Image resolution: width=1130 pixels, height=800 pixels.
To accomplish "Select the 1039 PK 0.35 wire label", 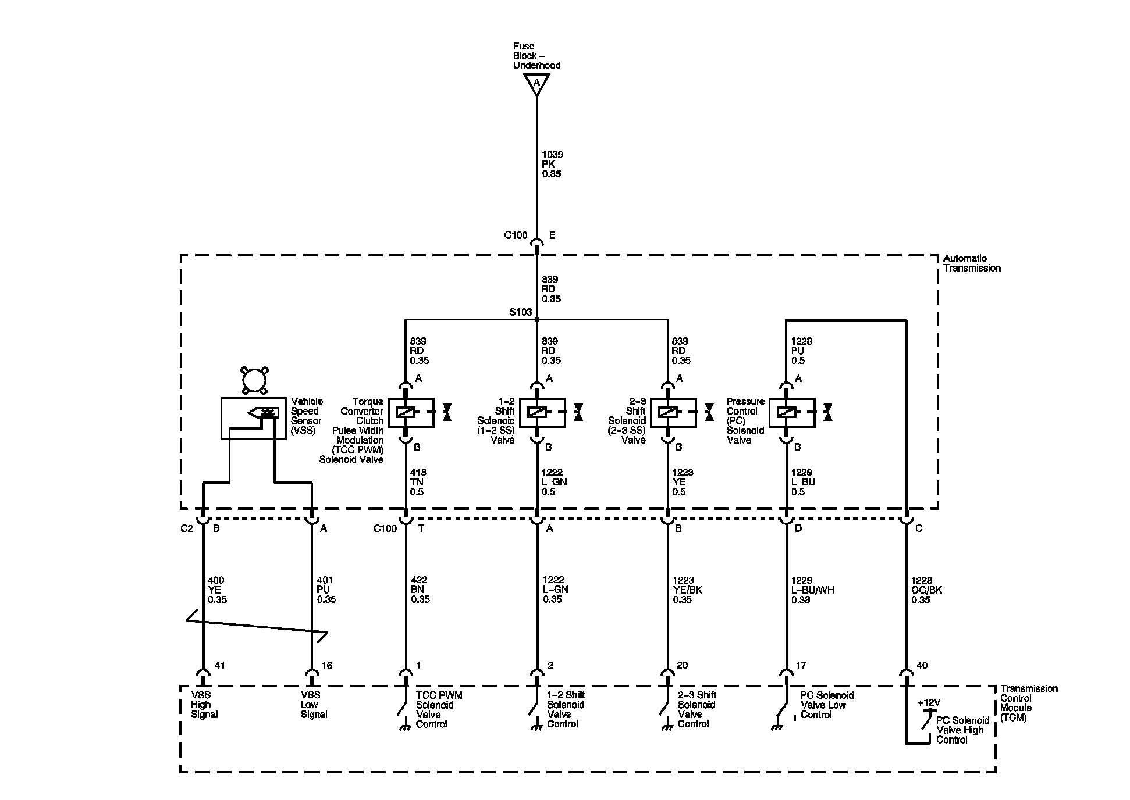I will tap(552, 164).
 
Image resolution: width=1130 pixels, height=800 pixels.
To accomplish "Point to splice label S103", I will tap(520, 312).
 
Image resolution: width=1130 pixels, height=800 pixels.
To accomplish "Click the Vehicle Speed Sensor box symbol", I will tap(253, 418).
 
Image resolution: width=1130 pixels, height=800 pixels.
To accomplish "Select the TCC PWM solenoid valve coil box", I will tap(410, 412).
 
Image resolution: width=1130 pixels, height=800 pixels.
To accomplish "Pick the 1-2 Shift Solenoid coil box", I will tap(542, 412).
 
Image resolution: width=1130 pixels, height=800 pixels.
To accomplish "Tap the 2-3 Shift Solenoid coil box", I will tap(673, 412).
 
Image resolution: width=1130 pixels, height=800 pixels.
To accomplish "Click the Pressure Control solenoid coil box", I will tap(791, 412).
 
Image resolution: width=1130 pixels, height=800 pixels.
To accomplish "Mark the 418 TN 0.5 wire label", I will tap(418, 482).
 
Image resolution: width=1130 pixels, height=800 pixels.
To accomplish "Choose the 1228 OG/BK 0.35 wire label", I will tap(926, 590).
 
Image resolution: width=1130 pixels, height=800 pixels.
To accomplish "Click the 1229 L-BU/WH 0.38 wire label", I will tap(812, 590).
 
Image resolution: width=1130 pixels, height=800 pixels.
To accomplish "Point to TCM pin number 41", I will tap(219, 665).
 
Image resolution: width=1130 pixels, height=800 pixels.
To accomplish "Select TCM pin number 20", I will tap(682, 665).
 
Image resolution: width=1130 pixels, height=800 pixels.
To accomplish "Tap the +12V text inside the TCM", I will tap(929, 703).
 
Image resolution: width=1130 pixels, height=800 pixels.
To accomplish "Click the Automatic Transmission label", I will tap(972, 263).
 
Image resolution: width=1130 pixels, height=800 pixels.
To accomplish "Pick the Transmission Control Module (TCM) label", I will tap(1029, 703).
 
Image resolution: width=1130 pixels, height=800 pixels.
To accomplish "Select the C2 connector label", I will tap(186, 528).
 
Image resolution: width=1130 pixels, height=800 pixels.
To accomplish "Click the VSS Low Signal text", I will tap(314, 705).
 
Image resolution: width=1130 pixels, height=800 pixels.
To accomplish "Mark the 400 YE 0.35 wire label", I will tap(217, 590).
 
